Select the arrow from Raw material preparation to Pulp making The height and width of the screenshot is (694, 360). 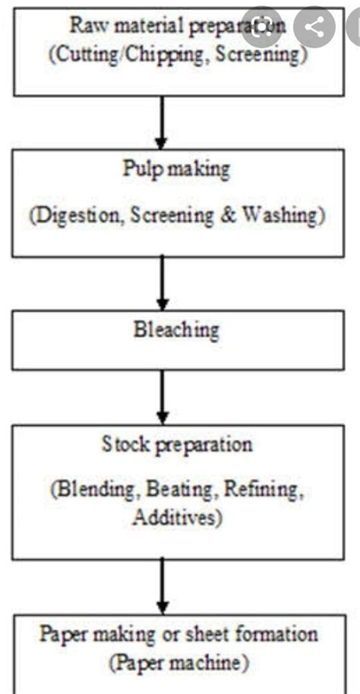(160, 121)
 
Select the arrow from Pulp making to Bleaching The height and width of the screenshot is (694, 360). (160, 282)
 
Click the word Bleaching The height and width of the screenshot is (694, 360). (175, 331)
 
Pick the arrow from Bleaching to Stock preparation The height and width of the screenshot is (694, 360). (160, 397)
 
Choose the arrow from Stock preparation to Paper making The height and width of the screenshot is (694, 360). (160, 585)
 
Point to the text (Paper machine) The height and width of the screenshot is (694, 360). (179, 663)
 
